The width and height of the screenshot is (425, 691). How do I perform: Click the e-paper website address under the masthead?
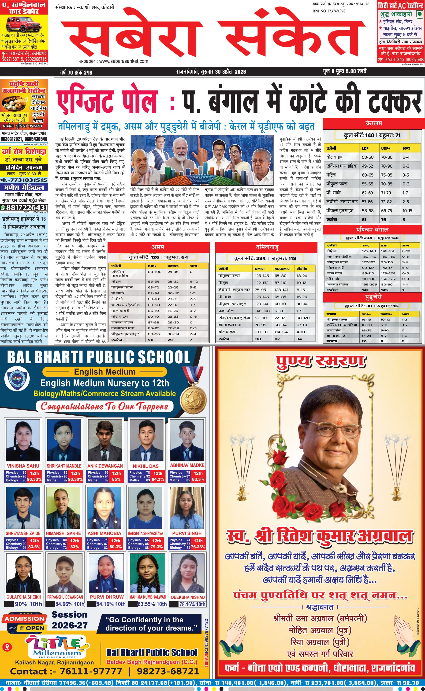coord(114,61)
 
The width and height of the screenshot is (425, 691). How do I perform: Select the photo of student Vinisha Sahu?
coord(23,440)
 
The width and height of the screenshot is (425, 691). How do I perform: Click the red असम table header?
coord(158,247)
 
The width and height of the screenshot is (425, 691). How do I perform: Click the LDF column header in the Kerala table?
coord(365,148)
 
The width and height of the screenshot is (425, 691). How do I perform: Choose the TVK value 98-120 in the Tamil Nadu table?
coord(303,318)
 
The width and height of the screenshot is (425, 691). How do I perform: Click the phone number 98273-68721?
coord(168,672)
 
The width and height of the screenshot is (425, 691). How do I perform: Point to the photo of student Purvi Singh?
coord(187,509)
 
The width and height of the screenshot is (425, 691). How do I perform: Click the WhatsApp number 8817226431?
coord(24,207)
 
